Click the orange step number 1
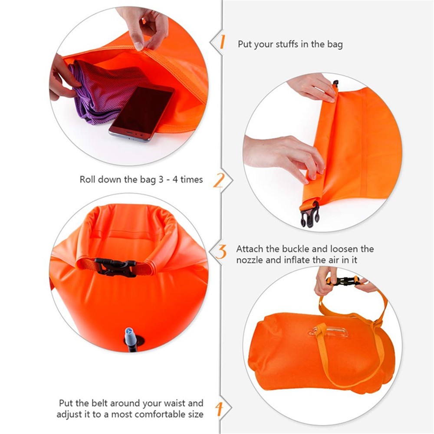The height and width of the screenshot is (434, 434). pos(222,42)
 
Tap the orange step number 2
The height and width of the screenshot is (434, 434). pos(219,180)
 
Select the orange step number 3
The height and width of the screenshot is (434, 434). pos(221,252)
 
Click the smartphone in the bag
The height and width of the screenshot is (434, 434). pos(142,113)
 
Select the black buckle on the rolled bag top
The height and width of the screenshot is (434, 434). pos(115,267)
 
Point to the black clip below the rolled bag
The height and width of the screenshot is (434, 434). pos(310,214)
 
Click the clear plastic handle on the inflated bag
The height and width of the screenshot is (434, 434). pos(329,332)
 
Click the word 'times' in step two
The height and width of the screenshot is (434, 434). pos(191,179)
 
